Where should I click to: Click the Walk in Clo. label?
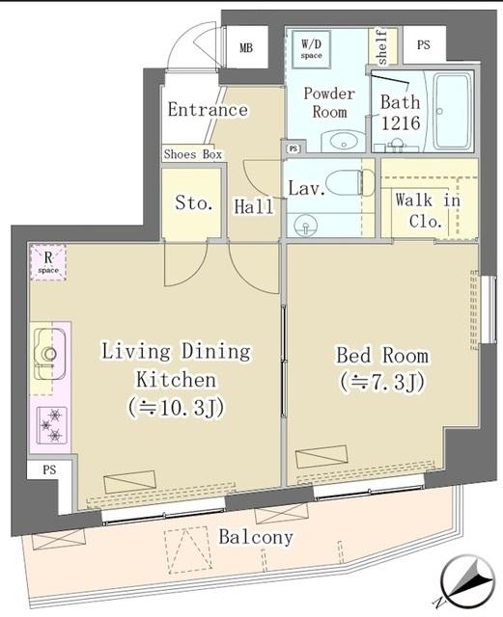pos(429,210)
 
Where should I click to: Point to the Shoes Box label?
pos(192,154)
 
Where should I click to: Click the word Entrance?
pos(207,109)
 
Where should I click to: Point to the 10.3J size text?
pos(177,407)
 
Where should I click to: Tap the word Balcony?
pos(256,538)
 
